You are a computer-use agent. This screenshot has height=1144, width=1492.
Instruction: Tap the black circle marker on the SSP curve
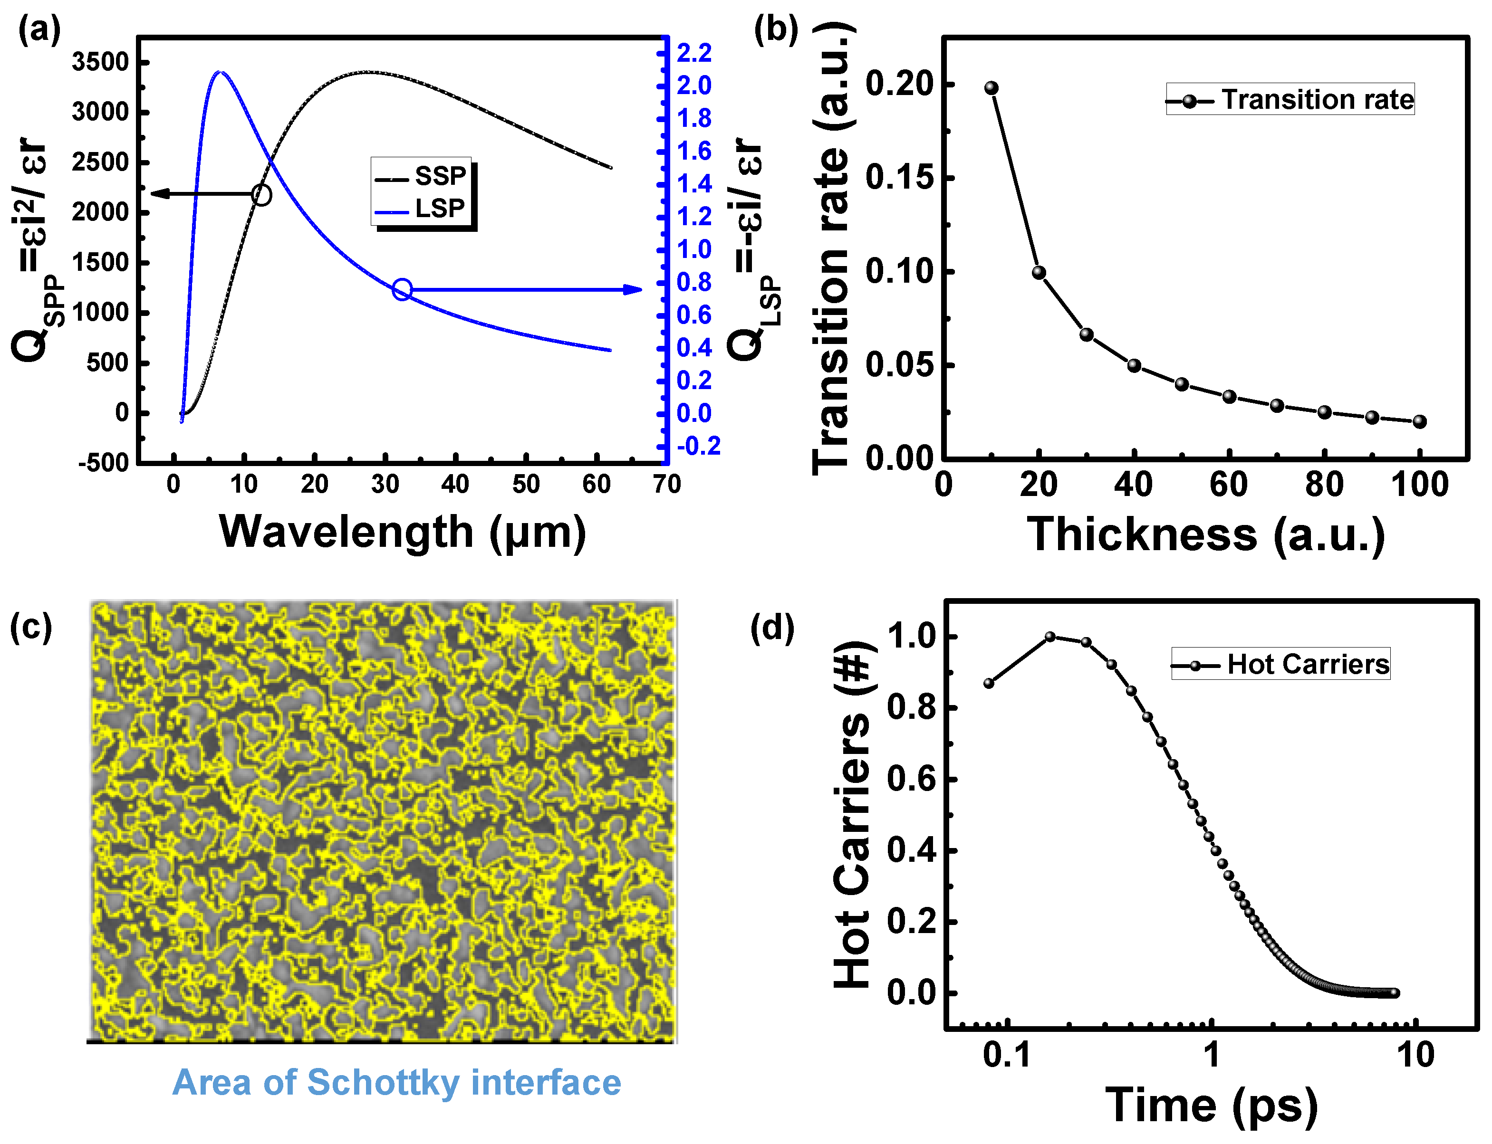261,195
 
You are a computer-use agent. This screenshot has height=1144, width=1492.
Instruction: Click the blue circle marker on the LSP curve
402,289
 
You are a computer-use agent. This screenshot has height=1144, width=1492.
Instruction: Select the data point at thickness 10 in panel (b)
991,88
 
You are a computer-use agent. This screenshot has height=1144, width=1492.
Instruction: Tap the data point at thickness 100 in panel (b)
1419,421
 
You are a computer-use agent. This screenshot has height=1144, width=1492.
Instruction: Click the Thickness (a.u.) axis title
1206,534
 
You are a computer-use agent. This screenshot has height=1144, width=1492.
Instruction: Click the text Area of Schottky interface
396,1082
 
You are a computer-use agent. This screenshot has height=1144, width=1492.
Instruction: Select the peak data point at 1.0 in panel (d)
1050,637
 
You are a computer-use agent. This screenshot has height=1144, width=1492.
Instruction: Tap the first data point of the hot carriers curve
989,683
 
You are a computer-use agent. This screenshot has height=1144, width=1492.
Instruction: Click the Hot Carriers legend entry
1281,664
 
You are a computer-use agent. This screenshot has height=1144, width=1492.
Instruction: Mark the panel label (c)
30,627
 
